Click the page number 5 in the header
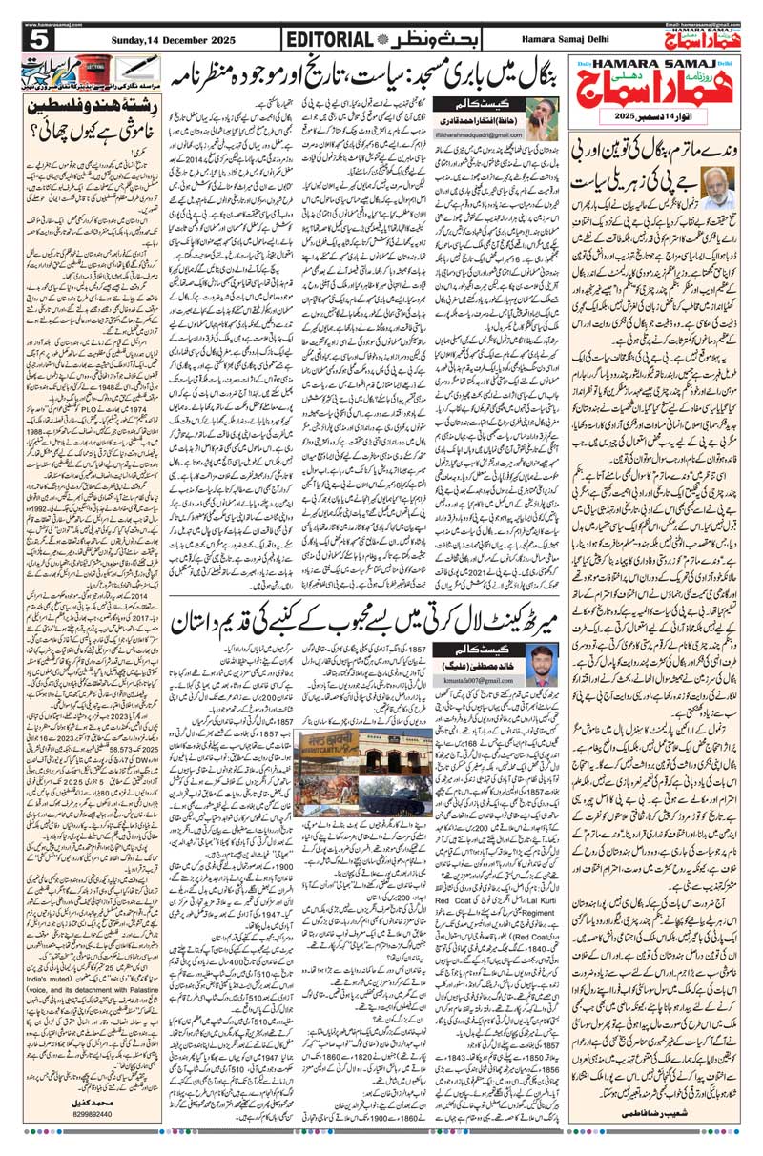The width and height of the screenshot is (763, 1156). pyautogui.click(x=38, y=38)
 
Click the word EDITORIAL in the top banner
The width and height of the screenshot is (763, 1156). pyautogui.click(x=328, y=39)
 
